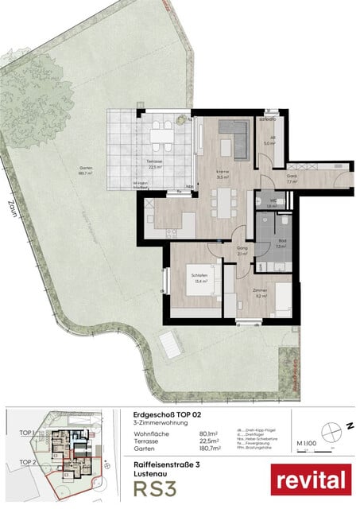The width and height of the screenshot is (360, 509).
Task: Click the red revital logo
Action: pos(311,480)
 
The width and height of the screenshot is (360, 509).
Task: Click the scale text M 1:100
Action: pos(305,442)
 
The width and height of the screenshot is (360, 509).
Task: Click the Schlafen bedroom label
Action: pos(198,277)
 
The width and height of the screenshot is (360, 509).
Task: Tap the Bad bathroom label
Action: pos(281,241)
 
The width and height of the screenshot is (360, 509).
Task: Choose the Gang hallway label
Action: pos(242,249)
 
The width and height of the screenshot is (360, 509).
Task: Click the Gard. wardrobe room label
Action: pos(292,177)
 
